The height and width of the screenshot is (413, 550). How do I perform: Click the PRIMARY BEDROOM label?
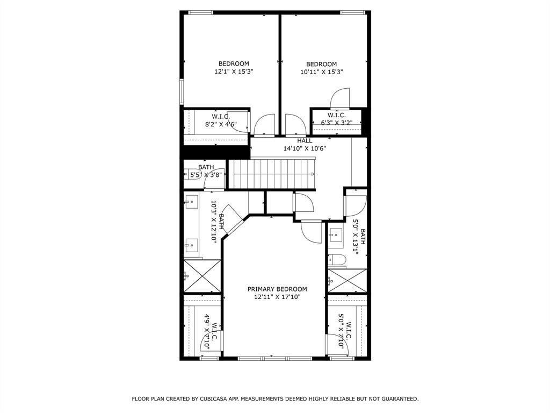(x=277, y=289)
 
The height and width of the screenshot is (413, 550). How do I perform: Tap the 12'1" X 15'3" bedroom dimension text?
(x=234, y=72)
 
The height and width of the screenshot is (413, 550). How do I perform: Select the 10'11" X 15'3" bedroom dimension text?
(x=321, y=72)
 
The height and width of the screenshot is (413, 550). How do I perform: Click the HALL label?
(x=305, y=141)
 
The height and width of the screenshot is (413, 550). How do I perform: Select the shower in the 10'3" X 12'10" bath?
(x=202, y=276)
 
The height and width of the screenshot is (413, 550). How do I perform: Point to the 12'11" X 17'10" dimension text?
(x=277, y=296)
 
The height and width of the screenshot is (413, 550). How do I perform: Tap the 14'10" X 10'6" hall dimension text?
(x=305, y=149)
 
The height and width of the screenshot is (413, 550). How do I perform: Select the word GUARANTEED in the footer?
(x=399, y=399)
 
